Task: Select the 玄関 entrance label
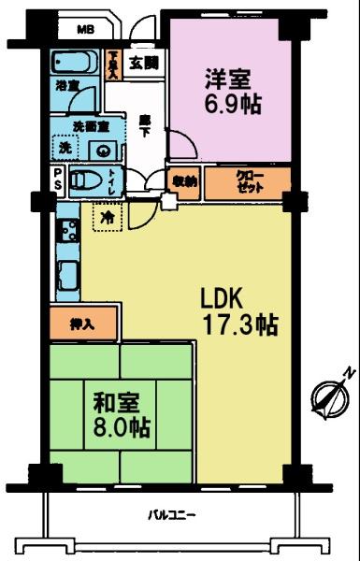(143, 64)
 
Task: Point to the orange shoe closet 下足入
(113, 65)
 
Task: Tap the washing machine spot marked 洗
(65, 148)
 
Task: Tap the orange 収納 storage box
(184, 181)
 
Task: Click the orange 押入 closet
(82, 324)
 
